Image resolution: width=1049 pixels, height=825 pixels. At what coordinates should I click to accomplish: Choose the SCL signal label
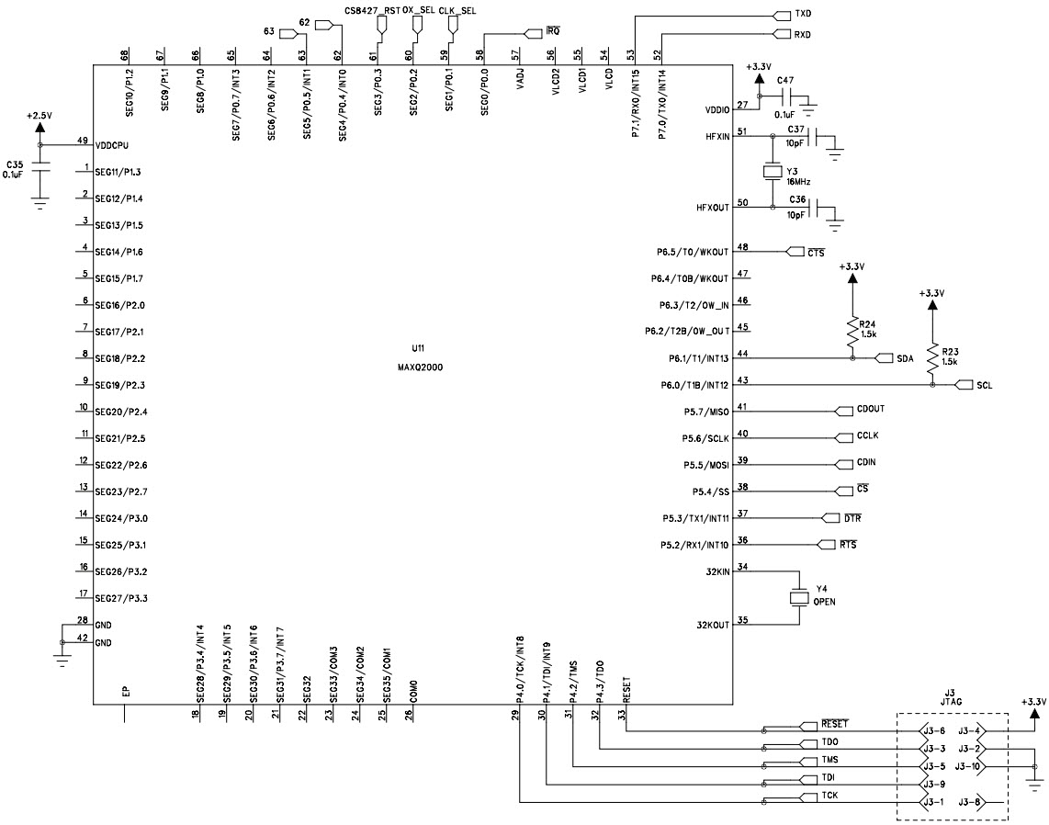984,384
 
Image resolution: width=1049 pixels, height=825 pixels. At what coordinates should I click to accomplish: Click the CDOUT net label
870,410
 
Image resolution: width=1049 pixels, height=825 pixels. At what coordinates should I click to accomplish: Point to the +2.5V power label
39,117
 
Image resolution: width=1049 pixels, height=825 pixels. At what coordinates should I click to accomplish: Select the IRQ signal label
552,32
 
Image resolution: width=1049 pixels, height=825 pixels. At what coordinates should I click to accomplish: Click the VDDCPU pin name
113,145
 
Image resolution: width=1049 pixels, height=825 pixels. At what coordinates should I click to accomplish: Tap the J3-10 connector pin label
968,766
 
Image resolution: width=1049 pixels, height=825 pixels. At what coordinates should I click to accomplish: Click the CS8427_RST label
372,9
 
